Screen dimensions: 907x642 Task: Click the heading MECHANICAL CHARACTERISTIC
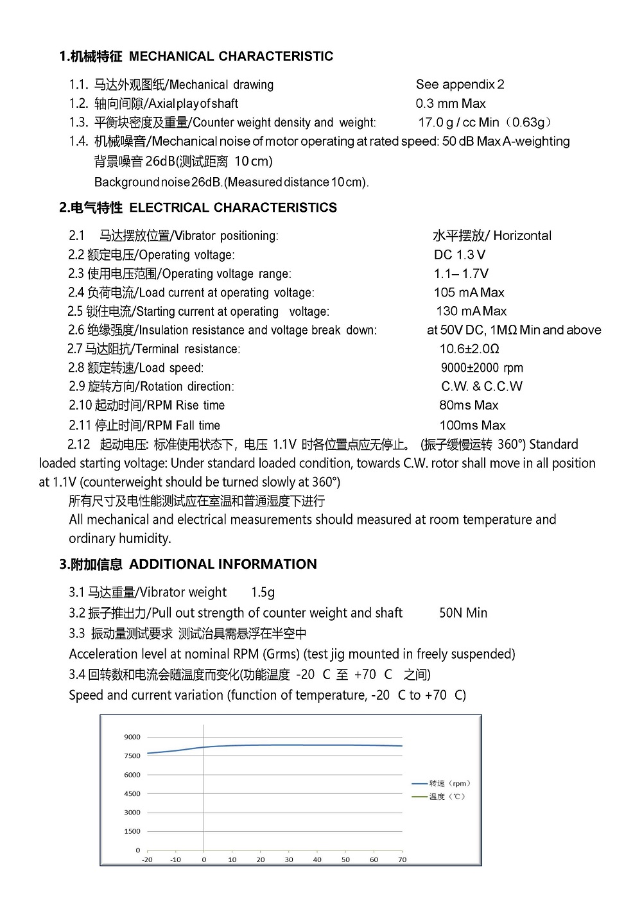(x=231, y=56)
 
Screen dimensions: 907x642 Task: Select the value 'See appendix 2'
(x=460, y=84)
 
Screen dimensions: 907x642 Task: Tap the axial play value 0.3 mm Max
(x=451, y=103)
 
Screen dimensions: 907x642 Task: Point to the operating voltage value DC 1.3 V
(x=460, y=255)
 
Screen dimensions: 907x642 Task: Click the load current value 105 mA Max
(x=469, y=293)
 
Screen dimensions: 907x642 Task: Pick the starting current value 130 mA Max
(x=471, y=311)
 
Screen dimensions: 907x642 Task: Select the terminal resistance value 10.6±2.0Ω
(x=469, y=349)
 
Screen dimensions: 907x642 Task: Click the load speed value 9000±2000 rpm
(x=481, y=368)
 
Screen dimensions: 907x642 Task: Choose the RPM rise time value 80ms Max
(x=469, y=405)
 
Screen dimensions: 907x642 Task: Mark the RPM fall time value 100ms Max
(x=473, y=426)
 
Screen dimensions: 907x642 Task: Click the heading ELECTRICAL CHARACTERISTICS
(x=233, y=208)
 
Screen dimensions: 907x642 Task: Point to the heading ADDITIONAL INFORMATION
(x=223, y=564)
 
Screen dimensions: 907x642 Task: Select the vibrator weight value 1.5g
(x=263, y=592)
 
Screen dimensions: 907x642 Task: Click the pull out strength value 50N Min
(x=463, y=613)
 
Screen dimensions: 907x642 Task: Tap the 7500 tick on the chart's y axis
(x=132, y=756)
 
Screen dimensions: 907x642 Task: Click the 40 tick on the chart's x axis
(x=317, y=859)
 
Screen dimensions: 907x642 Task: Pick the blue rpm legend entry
(x=442, y=783)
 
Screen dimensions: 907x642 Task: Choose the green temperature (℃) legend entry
(x=439, y=797)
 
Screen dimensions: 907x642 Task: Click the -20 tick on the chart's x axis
(x=147, y=859)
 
